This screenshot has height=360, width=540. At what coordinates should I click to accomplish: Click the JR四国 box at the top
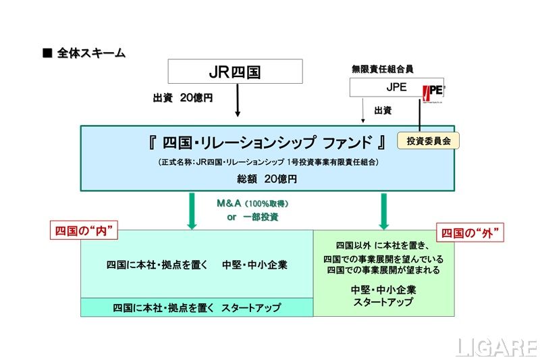click(x=235, y=72)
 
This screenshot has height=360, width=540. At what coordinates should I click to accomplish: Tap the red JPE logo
click(x=432, y=92)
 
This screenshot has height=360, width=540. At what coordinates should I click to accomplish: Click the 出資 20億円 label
click(x=183, y=98)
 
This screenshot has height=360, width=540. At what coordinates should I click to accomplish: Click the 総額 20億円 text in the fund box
click(x=267, y=179)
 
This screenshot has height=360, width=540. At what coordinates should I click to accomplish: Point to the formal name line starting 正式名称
click(x=267, y=162)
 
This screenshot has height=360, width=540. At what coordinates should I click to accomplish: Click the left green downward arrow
click(x=191, y=210)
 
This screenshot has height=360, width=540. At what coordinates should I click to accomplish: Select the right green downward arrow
click(x=383, y=210)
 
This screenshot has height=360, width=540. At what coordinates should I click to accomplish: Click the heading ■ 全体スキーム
click(x=84, y=53)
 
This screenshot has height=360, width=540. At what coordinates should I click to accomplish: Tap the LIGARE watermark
click(x=495, y=346)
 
